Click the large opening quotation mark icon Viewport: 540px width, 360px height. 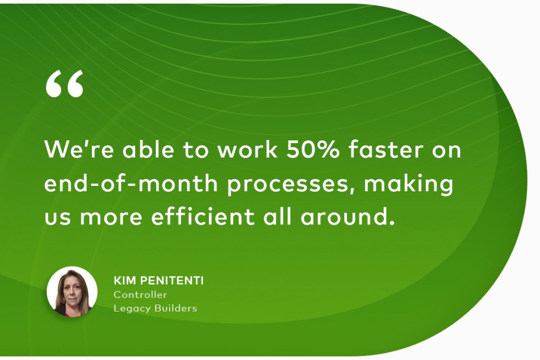[x=64, y=83]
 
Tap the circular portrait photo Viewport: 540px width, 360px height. [x=72, y=292]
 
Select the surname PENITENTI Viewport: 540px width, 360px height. [x=172, y=281]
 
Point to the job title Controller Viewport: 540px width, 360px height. [x=140, y=295]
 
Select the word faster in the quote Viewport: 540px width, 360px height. [x=385, y=149]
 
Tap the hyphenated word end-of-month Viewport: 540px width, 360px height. [x=131, y=183]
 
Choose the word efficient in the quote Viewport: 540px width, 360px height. [x=203, y=216]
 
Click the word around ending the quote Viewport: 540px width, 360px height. [x=348, y=216]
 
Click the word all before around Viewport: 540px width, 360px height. [x=277, y=216]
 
